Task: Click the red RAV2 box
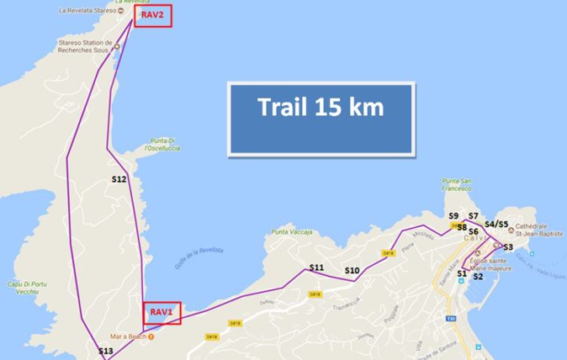(x=153, y=17)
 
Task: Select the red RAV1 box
(x=162, y=312)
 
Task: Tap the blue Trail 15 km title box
(x=321, y=108)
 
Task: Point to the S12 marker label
(x=119, y=179)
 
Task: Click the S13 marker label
(x=105, y=351)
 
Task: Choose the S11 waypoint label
(x=316, y=267)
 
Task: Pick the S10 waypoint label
(x=352, y=270)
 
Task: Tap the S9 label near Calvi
(x=453, y=216)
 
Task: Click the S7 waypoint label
(x=474, y=216)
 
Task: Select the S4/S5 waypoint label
(x=497, y=225)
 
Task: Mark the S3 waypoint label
(x=508, y=247)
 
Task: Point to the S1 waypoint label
(x=461, y=273)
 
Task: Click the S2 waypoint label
(x=477, y=276)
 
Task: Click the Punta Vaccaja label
(x=292, y=231)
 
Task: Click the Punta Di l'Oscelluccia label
(x=162, y=145)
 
